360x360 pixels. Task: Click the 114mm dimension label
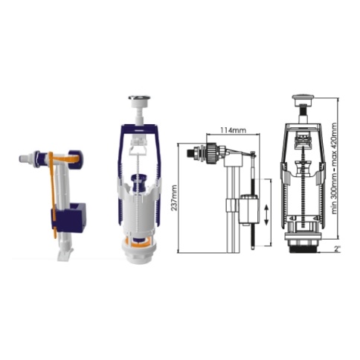234,130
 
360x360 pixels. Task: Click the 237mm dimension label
174,198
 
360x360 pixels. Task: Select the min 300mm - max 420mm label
335,168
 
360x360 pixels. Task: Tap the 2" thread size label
337,249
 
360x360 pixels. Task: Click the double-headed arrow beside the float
266,215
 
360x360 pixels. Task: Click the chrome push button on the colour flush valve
136,98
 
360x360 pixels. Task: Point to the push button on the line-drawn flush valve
303,97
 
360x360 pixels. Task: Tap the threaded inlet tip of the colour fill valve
23,158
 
